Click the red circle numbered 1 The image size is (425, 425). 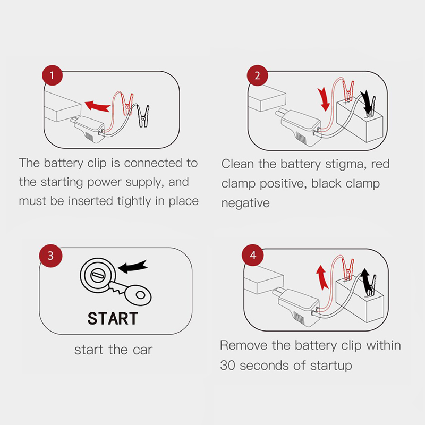point(52,75)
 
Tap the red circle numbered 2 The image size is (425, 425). point(257,75)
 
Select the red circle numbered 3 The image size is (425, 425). point(50,256)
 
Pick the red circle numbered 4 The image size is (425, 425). point(253,255)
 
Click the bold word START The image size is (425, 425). point(113,318)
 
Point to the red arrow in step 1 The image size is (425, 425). point(98,106)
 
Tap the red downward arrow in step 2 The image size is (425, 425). point(324,99)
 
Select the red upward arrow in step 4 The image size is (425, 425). point(322,277)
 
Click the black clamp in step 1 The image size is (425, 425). point(143,116)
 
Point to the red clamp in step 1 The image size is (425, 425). point(127,104)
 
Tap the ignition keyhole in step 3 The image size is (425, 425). point(98,275)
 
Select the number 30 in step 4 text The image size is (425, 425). point(227,365)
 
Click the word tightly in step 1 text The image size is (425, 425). point(134,201)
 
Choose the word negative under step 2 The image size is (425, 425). point(245,203)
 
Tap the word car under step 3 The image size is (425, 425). point(142,350)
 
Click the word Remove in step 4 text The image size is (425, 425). point(244,345)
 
